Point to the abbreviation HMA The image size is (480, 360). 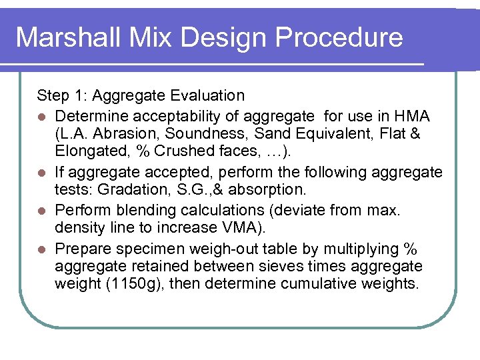[x=413, y=117]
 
